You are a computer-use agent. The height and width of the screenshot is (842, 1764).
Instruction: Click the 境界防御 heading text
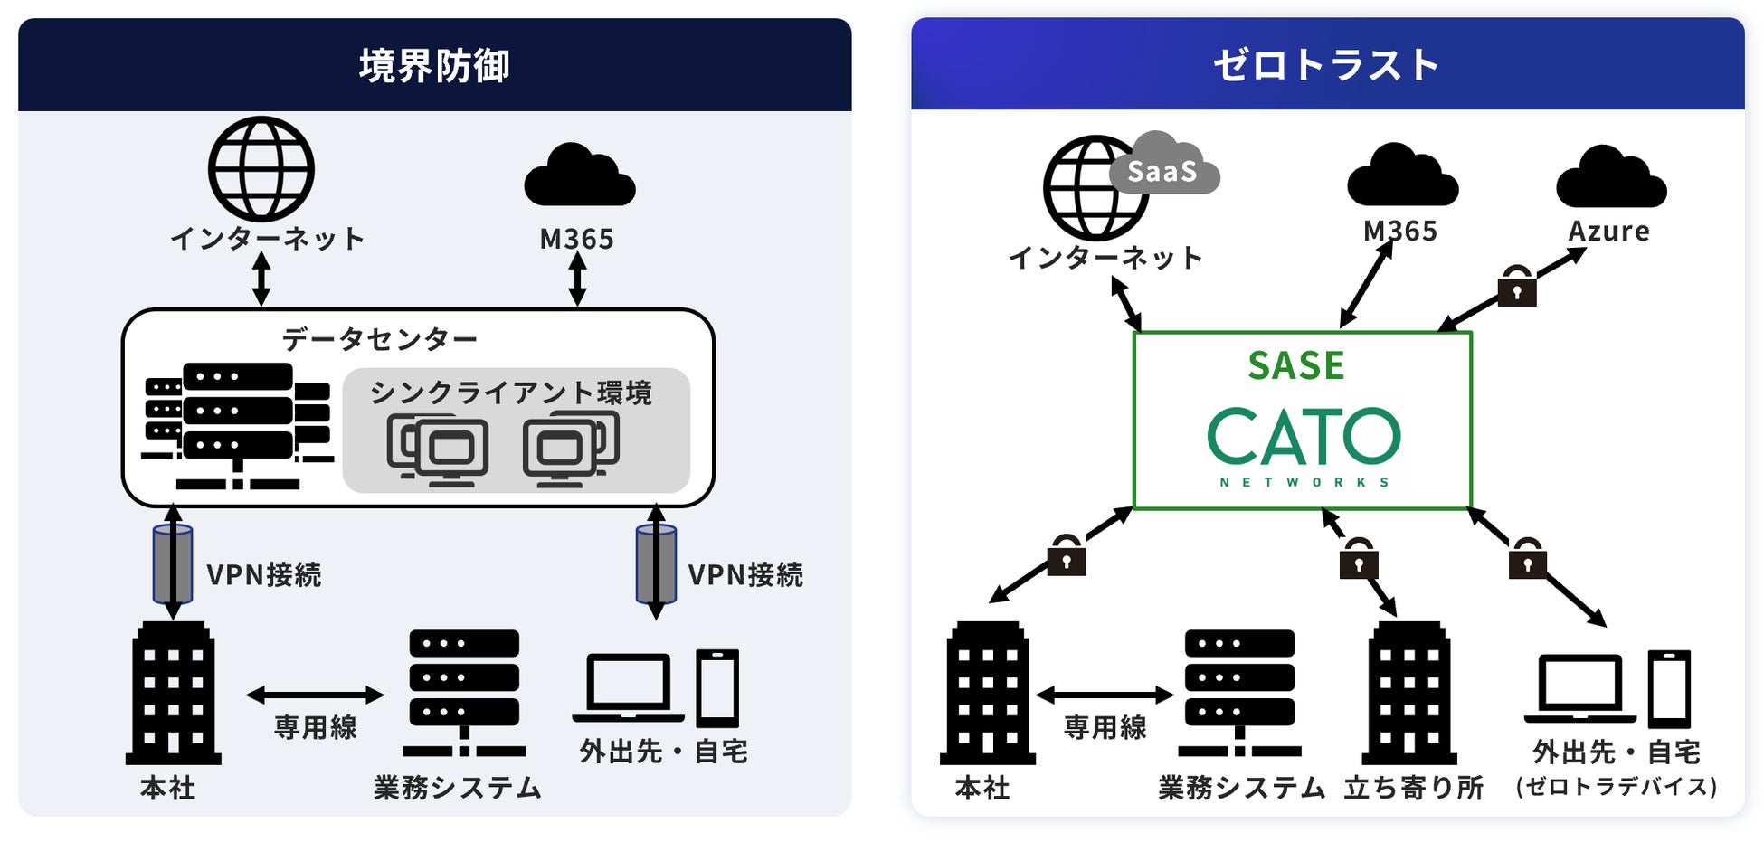click(434, 66)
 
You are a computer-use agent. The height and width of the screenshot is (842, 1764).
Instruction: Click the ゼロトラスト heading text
click(1326, 66)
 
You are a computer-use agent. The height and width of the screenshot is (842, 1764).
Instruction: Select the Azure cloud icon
click(1611, 178)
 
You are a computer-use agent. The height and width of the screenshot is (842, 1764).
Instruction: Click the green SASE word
click(1296, 365)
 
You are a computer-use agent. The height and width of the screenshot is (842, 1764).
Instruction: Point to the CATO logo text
click(1304, 436)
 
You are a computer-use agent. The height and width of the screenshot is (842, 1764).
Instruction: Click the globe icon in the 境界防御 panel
click(261, 169)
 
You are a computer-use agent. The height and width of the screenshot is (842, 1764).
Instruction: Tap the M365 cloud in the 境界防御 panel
click(579, 176)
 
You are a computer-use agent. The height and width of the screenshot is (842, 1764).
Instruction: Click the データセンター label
click(380, 339)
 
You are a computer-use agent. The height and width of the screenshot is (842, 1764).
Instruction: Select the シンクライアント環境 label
click(511, 393)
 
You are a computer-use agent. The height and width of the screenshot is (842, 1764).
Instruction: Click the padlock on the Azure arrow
click(1517, 287)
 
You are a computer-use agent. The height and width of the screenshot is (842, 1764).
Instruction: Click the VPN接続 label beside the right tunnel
click(745, 575)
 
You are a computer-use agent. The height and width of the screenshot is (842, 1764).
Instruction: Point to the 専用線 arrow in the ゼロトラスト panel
click(1105, 695)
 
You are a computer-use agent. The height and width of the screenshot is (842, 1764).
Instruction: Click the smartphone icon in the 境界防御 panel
click(717, 688)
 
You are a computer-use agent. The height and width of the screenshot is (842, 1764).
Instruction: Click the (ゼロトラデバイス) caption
click(1617, 787)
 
